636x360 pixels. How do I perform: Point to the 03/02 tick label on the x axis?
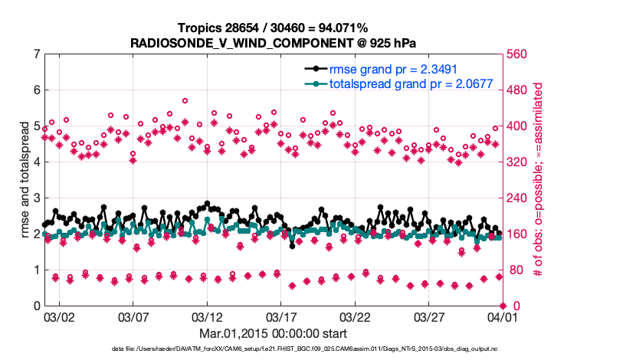click(x=59, y=316)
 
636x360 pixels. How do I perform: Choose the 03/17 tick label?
click(x=281, y=316)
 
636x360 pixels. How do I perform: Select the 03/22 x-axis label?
click(x=356, y=316)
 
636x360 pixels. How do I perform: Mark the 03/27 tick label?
click(x=429, y=316)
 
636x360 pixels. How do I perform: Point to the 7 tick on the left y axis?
click(x=36, y=54)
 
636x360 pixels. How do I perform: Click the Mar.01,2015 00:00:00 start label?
click(x=274, y=334)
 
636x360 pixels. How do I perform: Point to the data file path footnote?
click(x=274, y=349)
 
